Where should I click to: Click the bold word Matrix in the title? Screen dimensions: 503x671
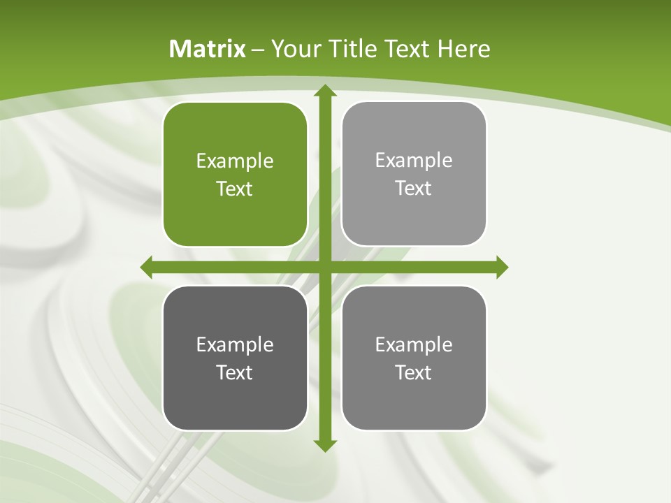click(208, 49)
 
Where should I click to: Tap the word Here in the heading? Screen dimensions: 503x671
click(463, 49)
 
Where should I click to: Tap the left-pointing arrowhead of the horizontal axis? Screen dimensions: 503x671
click(147, 267)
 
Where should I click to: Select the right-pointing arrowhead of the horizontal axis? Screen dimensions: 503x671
click(501, 267)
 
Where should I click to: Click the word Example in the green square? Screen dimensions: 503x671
click(235, 161)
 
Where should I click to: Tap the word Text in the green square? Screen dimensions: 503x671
click(235, 189)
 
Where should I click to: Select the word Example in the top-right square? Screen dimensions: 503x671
click(414, 161)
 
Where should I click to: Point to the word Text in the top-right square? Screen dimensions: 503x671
click(414, 188)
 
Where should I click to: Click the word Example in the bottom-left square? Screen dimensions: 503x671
click(235, 345)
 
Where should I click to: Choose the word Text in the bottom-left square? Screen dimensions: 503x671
click(235, 372)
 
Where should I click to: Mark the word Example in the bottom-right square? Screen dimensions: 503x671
click(414, 345)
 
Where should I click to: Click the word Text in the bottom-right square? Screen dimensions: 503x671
click(414, 372)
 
